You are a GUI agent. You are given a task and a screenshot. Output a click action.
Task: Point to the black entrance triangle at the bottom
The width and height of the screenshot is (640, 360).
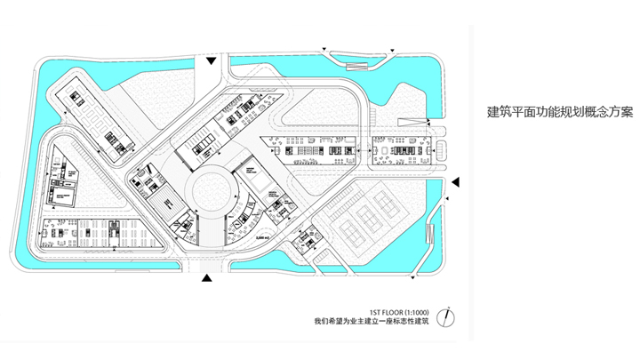206,279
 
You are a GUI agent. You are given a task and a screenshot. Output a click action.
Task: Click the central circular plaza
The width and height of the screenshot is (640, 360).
212,189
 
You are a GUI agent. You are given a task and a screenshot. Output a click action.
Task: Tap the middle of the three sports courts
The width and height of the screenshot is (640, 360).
364,213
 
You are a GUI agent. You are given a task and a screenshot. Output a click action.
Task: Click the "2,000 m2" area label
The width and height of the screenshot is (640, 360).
261,238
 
